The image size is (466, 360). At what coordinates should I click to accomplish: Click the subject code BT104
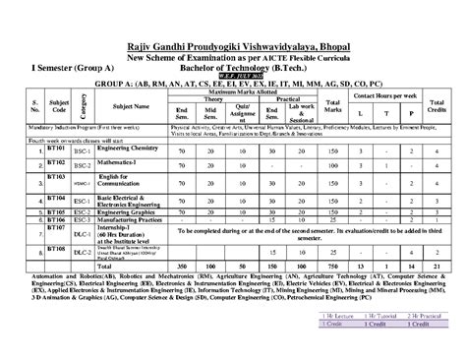pyautogui.click(x=58, y=205)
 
